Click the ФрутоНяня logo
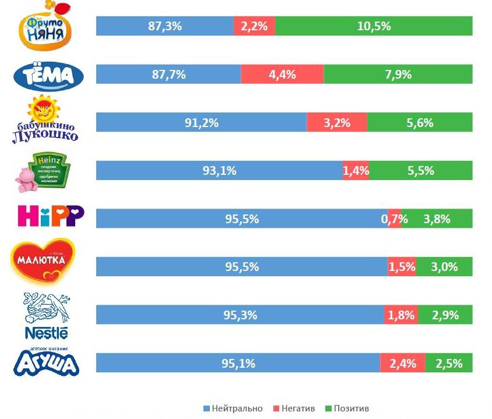[47, 27]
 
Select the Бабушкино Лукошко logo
[45, 121]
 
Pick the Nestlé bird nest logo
[47, 315]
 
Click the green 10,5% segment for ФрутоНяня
[373, 26]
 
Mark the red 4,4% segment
[282, 75]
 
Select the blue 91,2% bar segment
[201, 122]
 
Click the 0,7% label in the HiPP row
[394, 219]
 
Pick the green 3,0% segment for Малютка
[444, 267]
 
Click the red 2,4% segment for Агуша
[402, 363]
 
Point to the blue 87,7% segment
[168, 75]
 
